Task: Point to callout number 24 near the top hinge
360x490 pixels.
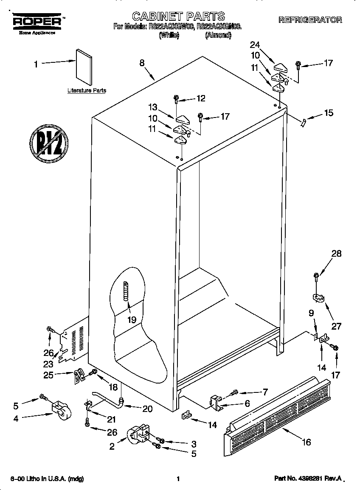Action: (254, 44)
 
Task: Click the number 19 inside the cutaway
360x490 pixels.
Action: (132, 320)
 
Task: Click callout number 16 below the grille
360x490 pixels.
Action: (306, 442)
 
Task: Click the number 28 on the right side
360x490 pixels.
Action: (336, 254)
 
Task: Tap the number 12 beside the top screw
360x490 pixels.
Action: (201, 98)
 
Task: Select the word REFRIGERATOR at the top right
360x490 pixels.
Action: (310, 20)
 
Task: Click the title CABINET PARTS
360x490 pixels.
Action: (179, 17)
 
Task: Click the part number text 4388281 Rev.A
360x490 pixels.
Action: (308, 479)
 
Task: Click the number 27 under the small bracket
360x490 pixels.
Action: (336, 327)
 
